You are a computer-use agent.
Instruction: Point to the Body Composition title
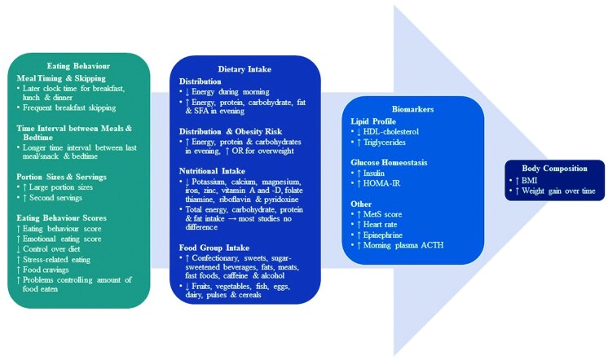[554, 167]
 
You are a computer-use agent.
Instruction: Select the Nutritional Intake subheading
[214, 171]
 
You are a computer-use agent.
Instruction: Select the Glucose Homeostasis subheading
[387, 161]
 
